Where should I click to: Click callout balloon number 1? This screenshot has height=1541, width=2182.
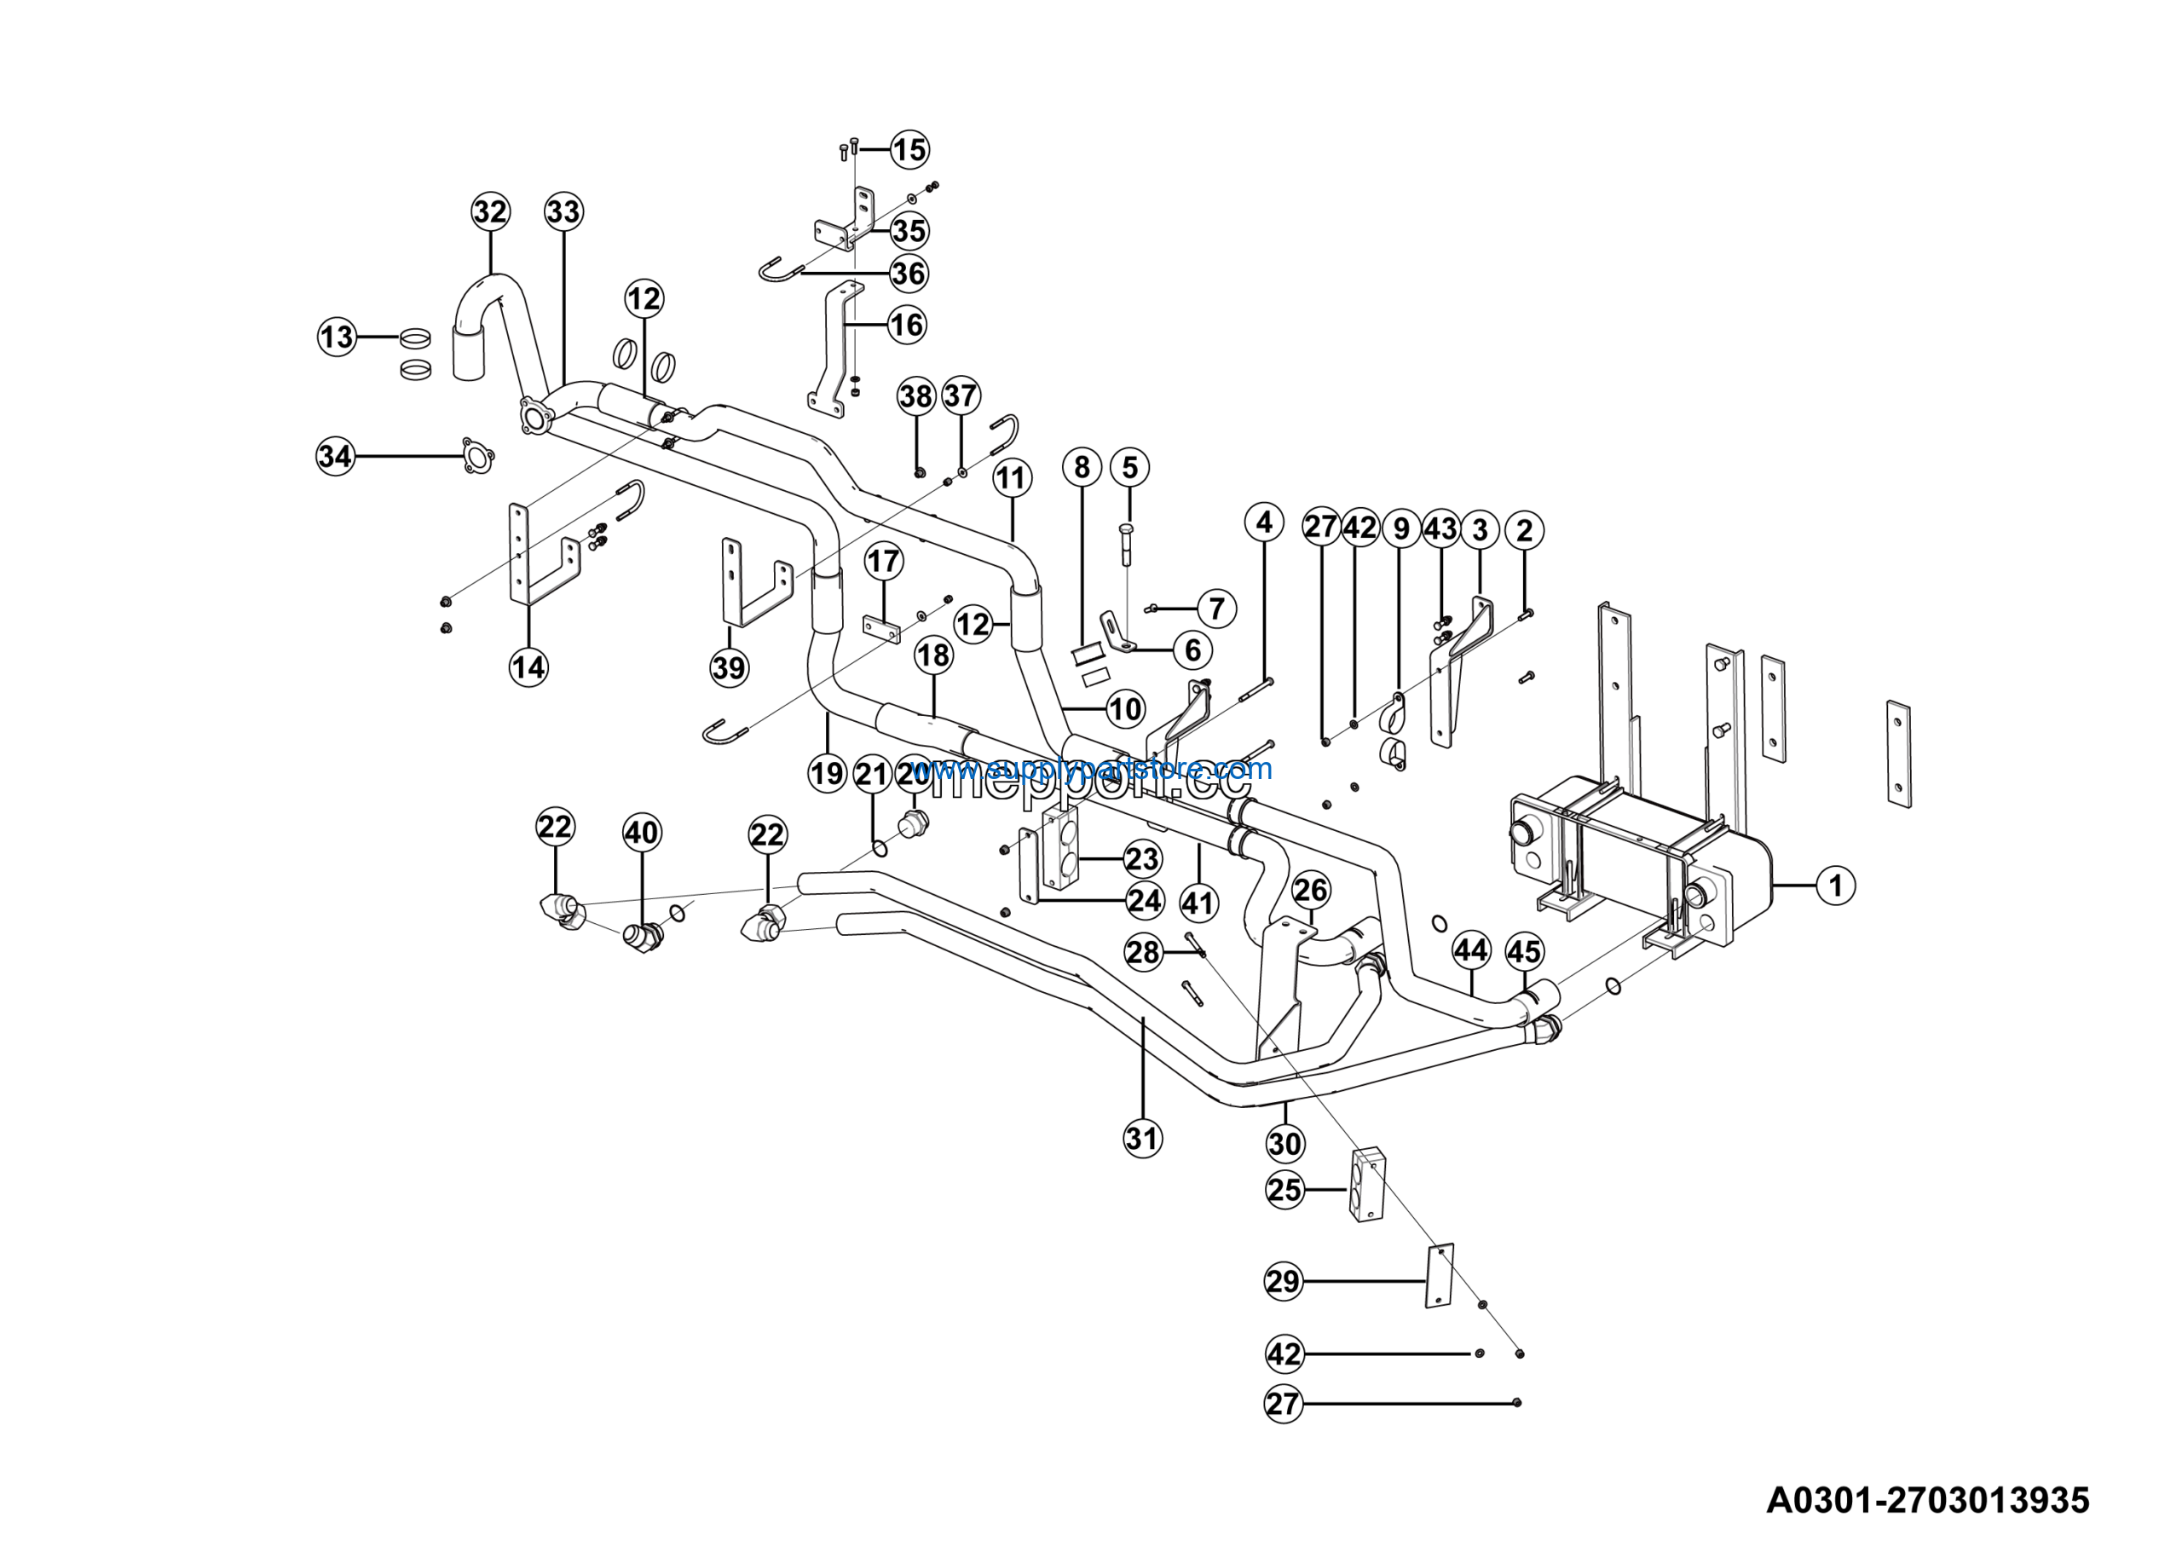coord(1835,886)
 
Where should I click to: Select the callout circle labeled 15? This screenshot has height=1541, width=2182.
coord(909,149)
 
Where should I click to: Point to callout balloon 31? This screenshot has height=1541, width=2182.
coord(1142,1137)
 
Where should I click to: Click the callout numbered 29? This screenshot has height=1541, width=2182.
coord(1283,1282)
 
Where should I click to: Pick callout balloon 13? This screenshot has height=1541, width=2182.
coord(337,337)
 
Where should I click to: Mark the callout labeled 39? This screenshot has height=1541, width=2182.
coord(729,667)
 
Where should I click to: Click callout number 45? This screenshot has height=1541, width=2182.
coord(1524,950)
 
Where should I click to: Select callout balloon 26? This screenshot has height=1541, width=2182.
coord(1311,890)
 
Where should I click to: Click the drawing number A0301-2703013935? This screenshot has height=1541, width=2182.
coord(1927,1500)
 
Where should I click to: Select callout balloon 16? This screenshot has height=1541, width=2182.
coord(906,325)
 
